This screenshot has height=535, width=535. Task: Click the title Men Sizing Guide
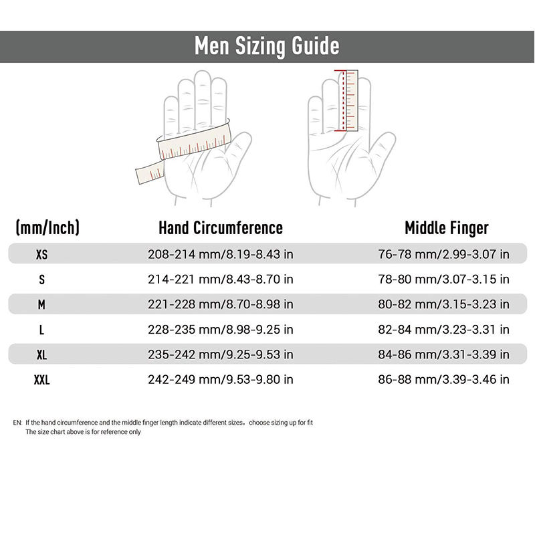(267, 46)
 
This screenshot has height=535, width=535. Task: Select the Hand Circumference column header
(220, 227)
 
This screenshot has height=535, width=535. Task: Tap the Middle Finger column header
(446, 227)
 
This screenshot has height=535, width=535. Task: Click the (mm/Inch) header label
(47, 227)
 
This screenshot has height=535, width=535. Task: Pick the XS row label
(41, 254)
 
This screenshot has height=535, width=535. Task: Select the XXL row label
(41, 380)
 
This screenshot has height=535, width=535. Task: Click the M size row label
(41, 304)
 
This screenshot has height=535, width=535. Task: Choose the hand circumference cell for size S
(220, 279)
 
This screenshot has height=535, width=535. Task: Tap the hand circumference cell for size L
(220, 330)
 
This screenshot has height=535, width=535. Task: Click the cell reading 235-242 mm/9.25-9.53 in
(220, 354)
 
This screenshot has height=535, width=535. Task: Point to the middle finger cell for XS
(444, 254)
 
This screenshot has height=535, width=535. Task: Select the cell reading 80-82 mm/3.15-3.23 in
(444, 304)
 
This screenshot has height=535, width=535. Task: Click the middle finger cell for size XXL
(444, 380)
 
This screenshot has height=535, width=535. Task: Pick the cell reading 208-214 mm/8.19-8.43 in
(220, 254)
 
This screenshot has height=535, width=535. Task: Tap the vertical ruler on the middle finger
(348, 100)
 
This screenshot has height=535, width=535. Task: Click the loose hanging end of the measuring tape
(148, 173)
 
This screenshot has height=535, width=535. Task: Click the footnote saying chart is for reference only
(83, 432)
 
